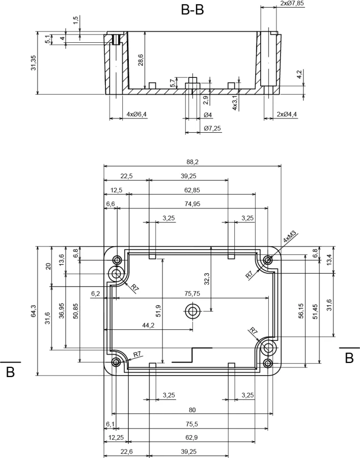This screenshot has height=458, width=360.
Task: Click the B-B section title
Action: click(192, 10)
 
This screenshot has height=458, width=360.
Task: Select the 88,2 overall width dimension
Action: click(192, 162)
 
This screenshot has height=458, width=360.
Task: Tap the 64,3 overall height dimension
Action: click(34, 311)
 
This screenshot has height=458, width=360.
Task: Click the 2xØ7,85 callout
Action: click(292, 4)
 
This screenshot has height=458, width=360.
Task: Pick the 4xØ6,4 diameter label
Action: click(136, 114)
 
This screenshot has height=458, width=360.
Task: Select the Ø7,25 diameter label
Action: click(212, 128)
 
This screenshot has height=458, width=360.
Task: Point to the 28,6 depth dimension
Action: click(141, 59)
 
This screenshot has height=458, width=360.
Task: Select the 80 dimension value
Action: click(192, 410)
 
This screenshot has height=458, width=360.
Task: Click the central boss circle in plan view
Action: click(192, 311)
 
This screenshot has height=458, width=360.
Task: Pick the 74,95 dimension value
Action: click(192, 204)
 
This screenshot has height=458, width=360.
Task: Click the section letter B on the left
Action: click(10, 373)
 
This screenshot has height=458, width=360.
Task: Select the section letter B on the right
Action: click(349, 358)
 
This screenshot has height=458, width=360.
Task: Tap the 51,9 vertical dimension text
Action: click(158, 311)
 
